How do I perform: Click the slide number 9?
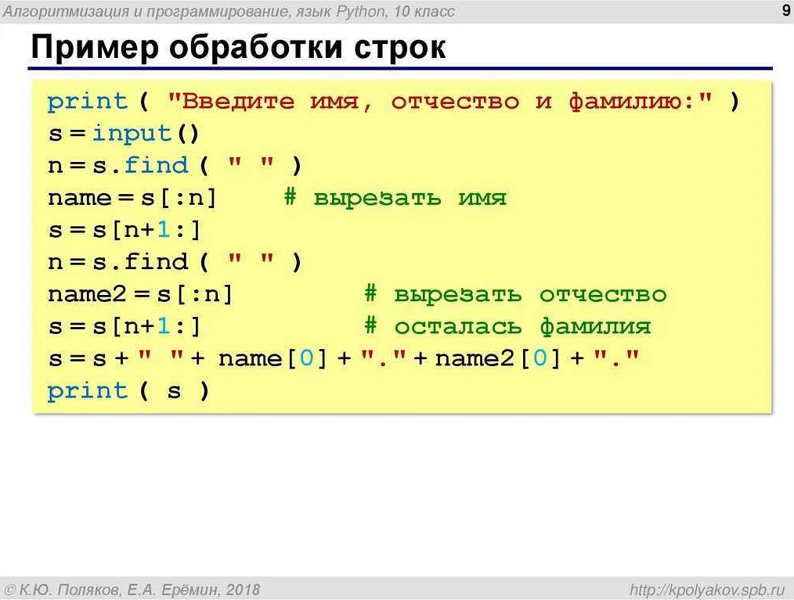pyautogui.click(x=785, y=10)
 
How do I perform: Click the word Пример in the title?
pyautogui.click(x=92, y=48)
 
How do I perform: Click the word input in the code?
pyautogui.click(x=132, y=133)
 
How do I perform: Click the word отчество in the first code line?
pyautogui.click(x=455, y=102)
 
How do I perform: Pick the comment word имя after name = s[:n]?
pyautogui.click(x=482, y=198)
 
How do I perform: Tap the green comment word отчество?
pyautogui.click(x=602, y=295)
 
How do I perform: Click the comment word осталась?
pyautogui.click(x=457, y=326)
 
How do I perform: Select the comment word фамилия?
pyautogui.click(x=594, y=326)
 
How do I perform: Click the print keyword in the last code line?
pyautogui.click(x=87, y=390)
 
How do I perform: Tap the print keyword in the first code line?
pyautogui.click(x=87, y=102)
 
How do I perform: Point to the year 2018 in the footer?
pyautogui.click(x=242, y=590)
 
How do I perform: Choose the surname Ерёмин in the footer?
pyautogui.click(x=185, y=590)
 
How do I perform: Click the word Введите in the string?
pyautogui.click(x=238, y=102)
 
